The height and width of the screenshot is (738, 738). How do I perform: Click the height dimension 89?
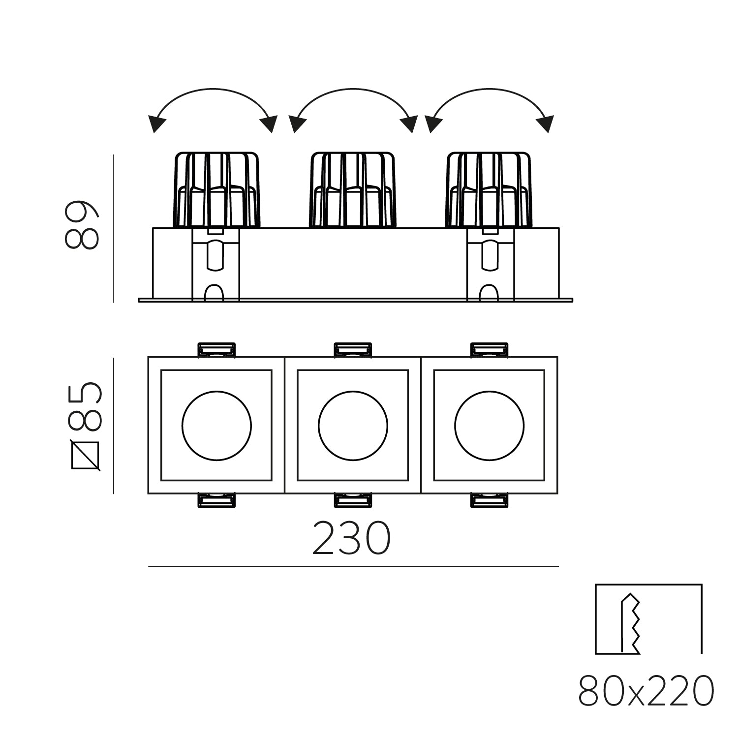[82, 225]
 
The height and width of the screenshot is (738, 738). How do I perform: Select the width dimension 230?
[352, 539]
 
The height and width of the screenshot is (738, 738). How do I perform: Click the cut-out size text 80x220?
[646, 691]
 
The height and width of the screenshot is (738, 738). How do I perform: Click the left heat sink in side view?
[216, 190]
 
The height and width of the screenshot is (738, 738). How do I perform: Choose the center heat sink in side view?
[352, 190]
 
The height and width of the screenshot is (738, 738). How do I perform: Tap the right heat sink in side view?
[489, 190]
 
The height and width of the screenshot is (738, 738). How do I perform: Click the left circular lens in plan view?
[216, 426]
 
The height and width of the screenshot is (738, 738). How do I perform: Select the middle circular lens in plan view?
[353, 426]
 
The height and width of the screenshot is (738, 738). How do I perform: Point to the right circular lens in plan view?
[490, 426]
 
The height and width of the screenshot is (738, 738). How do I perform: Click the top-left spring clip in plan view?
[216, 349]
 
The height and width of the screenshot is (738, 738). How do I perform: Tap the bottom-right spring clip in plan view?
[490, 500]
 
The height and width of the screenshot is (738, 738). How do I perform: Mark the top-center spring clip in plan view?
[353, 349]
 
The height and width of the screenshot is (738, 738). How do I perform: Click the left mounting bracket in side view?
[215, 264]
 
